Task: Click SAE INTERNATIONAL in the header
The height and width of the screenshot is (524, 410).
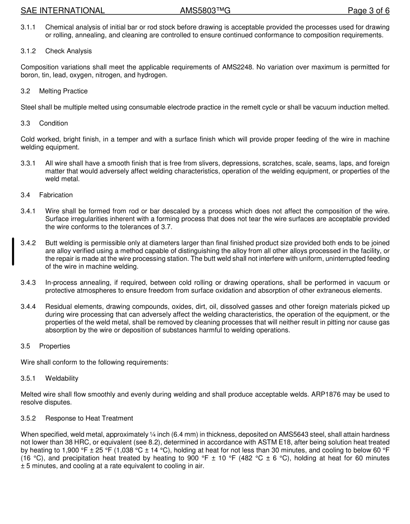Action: pos(63,11)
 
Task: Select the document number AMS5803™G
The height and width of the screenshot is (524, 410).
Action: pos(205,11)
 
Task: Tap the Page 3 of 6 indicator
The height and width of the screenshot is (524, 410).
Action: pos(369,11)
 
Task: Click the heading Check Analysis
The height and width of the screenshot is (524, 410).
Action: pos(68,51)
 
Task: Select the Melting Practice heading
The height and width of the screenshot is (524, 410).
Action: pos(63,91)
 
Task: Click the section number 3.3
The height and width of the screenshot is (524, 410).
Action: pos(25,124)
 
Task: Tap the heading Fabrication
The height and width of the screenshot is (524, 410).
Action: pos(56,195)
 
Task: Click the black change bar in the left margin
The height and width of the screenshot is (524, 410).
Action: pos(13,251)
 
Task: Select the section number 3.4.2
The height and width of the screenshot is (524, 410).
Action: pos(28,243)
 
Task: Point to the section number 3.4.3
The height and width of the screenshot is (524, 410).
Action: pos(28,283)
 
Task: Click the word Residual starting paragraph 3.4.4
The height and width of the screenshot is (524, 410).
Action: pos(58,307)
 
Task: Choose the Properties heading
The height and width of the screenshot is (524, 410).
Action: pos(54,346)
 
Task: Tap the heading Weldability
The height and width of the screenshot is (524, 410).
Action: pos(62,378)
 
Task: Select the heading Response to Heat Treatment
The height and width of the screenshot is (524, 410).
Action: pos(89,419)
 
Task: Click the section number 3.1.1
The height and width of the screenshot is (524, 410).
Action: pos(28,27)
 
